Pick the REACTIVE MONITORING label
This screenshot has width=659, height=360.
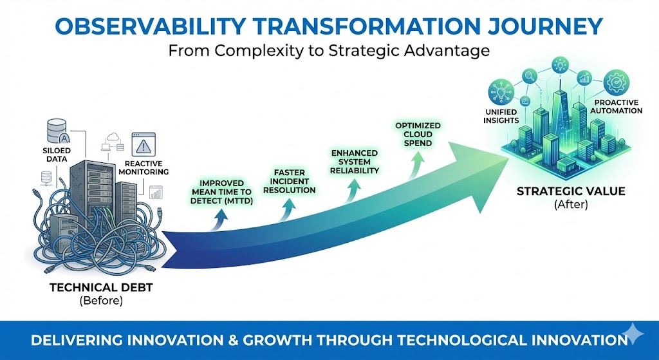click(x=143, y=167)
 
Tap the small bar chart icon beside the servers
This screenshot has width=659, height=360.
click(x=156, y=191)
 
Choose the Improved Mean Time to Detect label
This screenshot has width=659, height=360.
click(x=222, y=191)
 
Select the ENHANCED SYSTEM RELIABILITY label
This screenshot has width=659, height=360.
click(x=355, y=162)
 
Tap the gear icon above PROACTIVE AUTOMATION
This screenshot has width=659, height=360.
click(x=616, y=82)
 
